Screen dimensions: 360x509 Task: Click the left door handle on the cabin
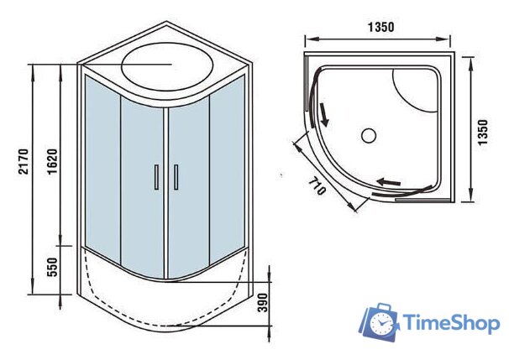click(156, 178)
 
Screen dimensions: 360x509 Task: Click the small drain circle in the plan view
click(367, 133)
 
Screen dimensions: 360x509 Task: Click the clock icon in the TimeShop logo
click(381, 323)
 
